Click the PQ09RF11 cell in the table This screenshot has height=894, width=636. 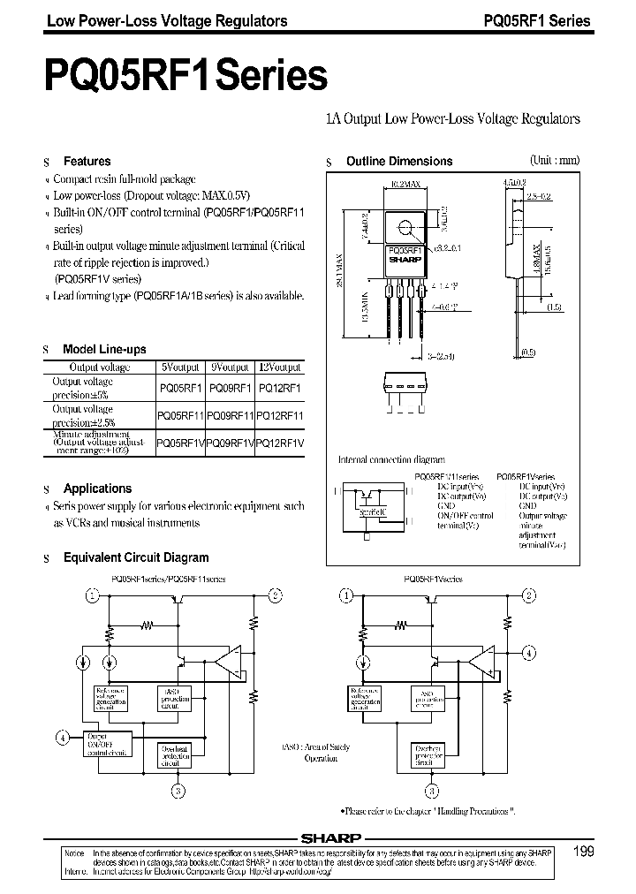pyautogui.click(x=230, y=415)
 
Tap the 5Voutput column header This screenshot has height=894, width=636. pyautogui.click(x=179, y=367)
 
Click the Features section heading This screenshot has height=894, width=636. pyautogui.click(x=87, y=162)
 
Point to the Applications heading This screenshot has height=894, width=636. pyautogui.click(x=97, y=489)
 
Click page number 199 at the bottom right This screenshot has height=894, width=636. pyautogui.click(x=583, y=852)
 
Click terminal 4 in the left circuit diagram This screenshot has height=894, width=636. pyautogui.click(x=62, y=737)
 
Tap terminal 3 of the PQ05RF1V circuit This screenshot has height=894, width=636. pyautogui.click(x=433, y=790)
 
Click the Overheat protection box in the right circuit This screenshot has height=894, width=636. pyautogui.click(x=433, y=754)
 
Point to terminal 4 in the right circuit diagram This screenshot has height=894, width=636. pyautogui.click(x=528, y=654)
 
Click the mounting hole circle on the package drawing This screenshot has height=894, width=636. pyautogui.click(x=405, y=229)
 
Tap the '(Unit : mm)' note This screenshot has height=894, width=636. pyautogui.click(x=555, y=161)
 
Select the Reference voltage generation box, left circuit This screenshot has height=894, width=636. pyautogui.click(x=109, y=701)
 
